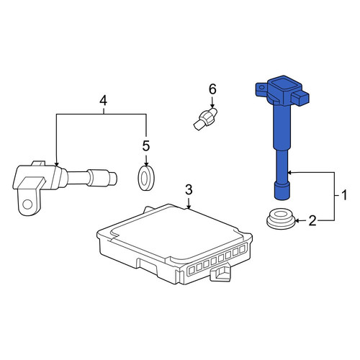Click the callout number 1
click(x=344, y=195)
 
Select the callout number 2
click(x=312, y=220)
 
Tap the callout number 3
click(x=189, y=189)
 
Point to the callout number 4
click(x=103, y=101)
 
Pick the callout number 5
click(x=146, y=145)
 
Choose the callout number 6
click(x=212, y=89)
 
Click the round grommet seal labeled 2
click(x=281, y=219)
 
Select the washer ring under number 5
click(x=146, y=178)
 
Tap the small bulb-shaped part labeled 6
click(x=205, y=119)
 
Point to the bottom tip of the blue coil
click(x=282, y=198)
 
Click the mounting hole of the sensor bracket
click(x=27, y=204)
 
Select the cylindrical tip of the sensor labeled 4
click(x=113, y=179)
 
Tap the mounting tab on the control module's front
click(x=220, y=273)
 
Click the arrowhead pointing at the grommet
click(x=297, y=220)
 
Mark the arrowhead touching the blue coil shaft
click(x=289, y=172)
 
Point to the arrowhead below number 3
click(x=189, y=207)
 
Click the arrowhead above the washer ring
click(x=146, y=163)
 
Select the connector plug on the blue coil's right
click(x=300, y=98)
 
